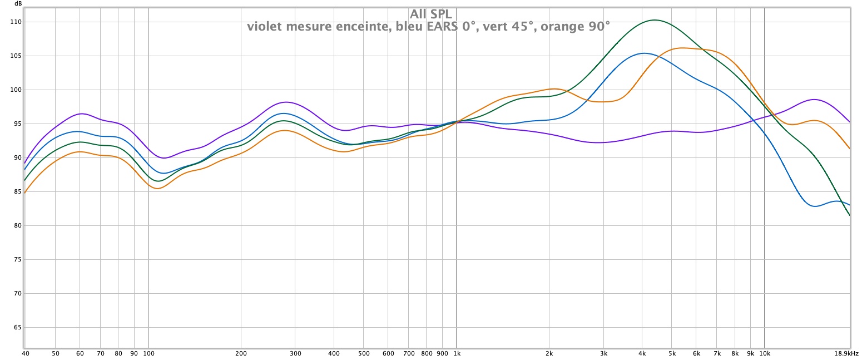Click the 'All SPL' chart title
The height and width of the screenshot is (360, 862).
click(431, 14)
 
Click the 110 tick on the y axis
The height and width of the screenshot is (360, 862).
click(15, 22)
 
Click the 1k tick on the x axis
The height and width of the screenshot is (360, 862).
click(456, 353)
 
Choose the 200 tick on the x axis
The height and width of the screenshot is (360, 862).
click(241, 353)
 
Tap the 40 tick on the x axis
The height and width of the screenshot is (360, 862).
click(25, 353)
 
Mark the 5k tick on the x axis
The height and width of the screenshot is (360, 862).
click(671, 353)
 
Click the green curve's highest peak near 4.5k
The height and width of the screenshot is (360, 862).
click(655, 20)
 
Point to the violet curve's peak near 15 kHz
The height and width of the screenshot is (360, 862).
click(815, 100)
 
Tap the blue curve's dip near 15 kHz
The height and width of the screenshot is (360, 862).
click(816, 206)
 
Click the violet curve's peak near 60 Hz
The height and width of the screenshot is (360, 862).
click(81, 114)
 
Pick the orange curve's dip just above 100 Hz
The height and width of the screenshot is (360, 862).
click(158, 189)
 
